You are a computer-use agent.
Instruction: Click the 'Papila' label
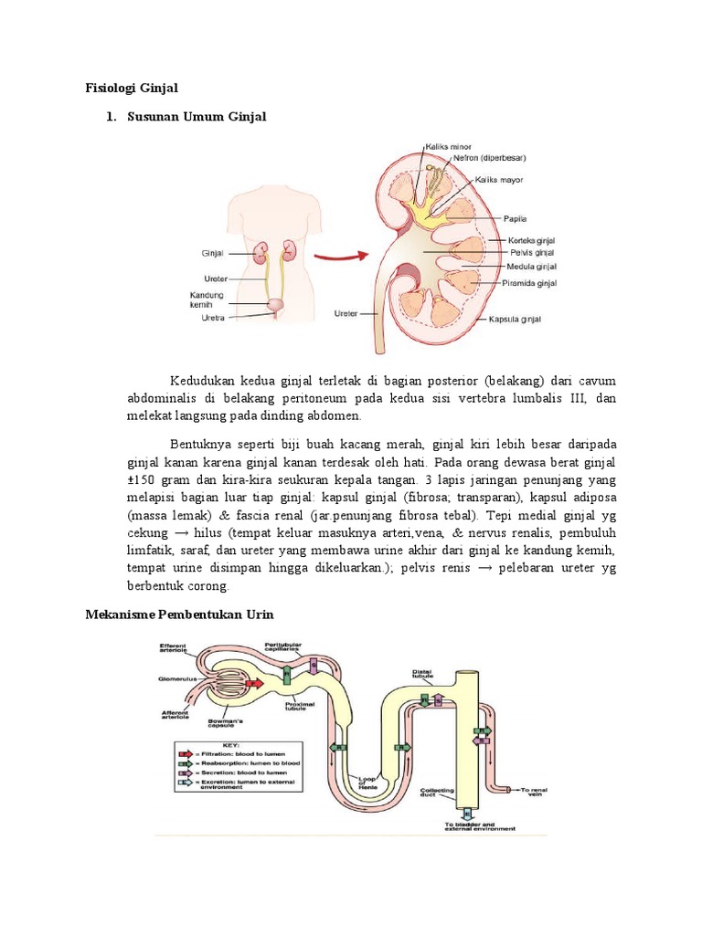click(x=516, y=219)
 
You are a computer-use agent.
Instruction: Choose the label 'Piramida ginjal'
click(x=530, y=283)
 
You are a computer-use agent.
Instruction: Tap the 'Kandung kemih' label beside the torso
click(x=207, y=299)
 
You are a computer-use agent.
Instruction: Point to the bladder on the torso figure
click(x=274, y=304)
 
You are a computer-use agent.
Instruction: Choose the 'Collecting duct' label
click(x=432, y=792)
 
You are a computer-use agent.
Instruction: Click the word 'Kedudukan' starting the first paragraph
click(x=197, y=380)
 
